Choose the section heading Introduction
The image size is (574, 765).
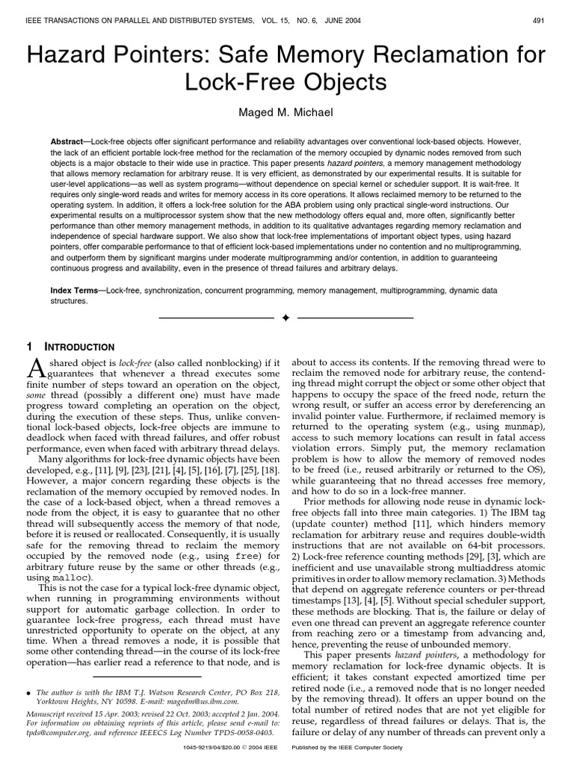point(75,347)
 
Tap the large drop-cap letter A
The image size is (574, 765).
point(40,368)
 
